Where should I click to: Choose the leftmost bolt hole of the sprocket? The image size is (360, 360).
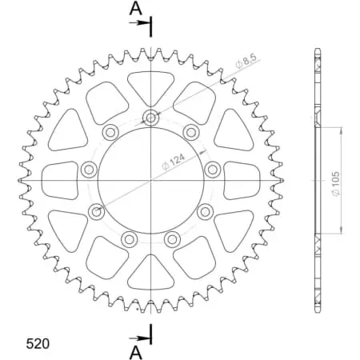[89, 169]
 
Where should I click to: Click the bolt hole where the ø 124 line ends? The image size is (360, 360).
[98, 212]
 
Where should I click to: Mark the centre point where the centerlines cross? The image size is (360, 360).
[151, 180]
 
